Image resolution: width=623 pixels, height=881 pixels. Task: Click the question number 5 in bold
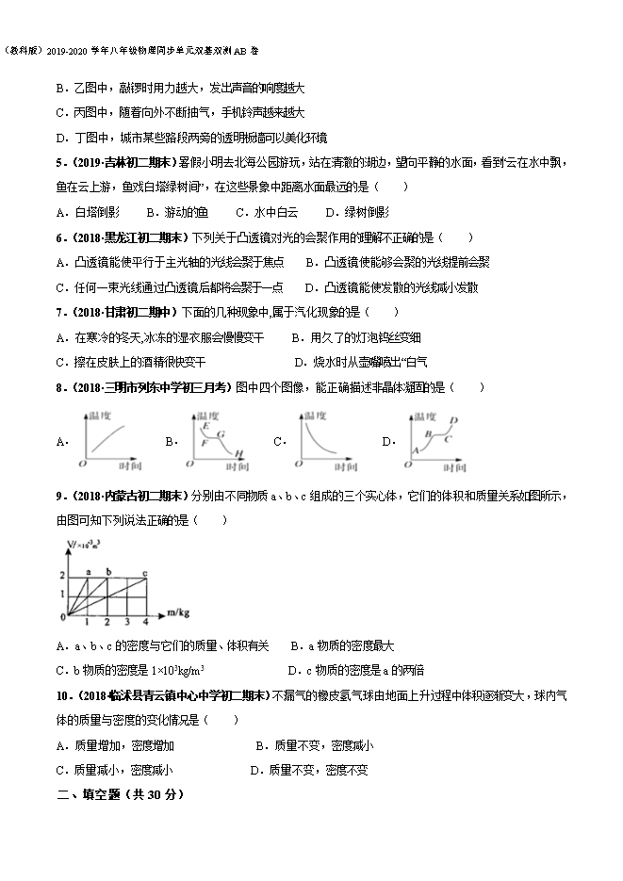59,163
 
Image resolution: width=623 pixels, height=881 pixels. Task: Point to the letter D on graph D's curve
453,420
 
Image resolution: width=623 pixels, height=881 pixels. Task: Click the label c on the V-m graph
144,572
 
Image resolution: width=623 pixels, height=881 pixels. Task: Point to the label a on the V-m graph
88,572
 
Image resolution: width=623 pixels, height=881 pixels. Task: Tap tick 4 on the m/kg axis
144,623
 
